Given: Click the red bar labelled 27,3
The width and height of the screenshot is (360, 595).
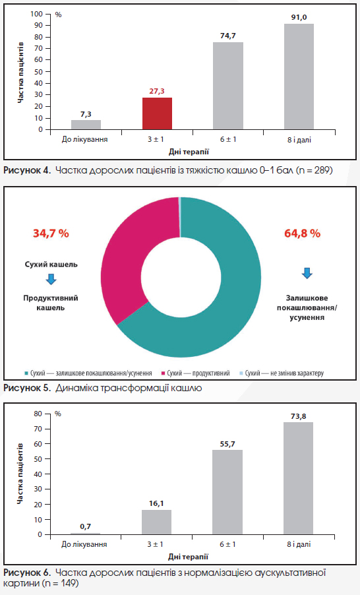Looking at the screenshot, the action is click(157, 113).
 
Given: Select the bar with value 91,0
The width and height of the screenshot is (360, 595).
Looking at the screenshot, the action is click(299, 77).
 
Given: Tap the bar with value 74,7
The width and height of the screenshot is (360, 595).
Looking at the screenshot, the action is click(228, 86).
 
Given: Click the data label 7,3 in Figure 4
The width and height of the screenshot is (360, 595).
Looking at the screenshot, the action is click(86, 114).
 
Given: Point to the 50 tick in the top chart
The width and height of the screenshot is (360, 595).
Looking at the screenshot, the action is click(38, 71).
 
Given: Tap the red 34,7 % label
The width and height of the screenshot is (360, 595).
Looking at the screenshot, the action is click(51, 233).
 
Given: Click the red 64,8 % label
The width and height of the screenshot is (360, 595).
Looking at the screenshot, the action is click(303, 233).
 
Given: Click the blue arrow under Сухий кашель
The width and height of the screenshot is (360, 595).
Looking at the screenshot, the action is click(51, 279).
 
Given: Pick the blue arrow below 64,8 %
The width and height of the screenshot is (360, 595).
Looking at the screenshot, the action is click(307, 273).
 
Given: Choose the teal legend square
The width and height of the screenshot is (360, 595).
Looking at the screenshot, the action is click(26, 373).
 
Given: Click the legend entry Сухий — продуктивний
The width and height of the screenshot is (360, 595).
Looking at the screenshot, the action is click(195, 373).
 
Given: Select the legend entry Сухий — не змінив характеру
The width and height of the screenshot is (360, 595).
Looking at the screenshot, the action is click(281, 373).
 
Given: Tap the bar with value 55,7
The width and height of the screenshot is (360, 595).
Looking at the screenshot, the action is click(227, 492).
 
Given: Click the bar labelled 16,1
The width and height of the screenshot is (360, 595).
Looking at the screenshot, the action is click(157, 522).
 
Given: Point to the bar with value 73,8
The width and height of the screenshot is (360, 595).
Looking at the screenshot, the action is click(298, 478).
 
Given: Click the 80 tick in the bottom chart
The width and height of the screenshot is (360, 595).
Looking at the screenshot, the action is click(38, 414).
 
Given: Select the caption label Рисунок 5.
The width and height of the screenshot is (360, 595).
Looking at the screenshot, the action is click(27, 388).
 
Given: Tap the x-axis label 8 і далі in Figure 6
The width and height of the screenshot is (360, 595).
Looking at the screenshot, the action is click(299, 544).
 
